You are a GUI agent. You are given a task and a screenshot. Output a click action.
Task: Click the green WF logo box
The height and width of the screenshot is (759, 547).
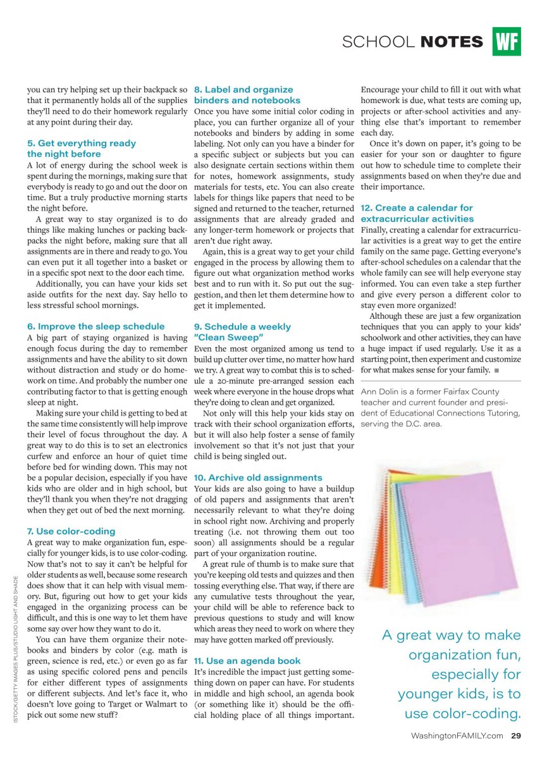coord(507,42)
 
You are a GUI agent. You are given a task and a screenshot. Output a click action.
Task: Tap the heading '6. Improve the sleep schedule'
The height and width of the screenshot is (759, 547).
coord(95,326)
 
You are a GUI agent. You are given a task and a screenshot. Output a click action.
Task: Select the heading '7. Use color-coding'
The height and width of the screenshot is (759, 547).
coord(71,531)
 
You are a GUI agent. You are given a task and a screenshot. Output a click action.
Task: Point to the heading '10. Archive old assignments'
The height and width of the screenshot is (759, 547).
coord(258,478)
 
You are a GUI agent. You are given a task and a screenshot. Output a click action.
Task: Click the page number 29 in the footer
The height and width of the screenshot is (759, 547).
coord(516,736)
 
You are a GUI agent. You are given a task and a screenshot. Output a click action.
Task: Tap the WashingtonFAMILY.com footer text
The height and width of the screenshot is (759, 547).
coord(457,736)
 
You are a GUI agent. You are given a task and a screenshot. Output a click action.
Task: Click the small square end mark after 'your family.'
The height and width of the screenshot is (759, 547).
coord(497,369)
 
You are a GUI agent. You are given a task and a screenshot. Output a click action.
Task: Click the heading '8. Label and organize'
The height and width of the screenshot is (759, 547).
coord(243,90)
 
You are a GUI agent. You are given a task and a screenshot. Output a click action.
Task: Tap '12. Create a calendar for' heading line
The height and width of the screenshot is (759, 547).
coord(417,208)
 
